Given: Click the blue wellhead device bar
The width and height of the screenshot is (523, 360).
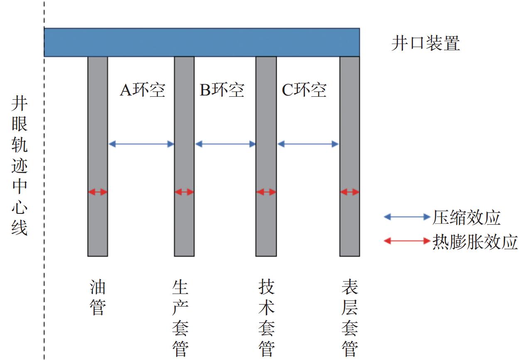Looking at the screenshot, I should pyautogui.click(x=202, y=42).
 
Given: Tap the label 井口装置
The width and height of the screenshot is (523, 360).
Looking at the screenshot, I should pyautogui.click(x=426, y=43).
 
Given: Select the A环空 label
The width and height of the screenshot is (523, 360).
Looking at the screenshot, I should pyautogui.click(x=142, y=90).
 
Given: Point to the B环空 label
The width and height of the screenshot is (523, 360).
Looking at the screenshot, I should pyautogui.click(x=222, y=90).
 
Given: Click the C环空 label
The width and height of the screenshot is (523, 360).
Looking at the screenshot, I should pyautogui.click(x=304, y=90).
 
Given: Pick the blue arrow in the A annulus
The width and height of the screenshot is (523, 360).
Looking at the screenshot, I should pyautogui.click(x=141, y=144).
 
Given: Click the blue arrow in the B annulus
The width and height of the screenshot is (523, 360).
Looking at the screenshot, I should pyautogui.click(x=225, y=144).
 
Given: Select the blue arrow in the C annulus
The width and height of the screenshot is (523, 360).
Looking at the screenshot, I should pyautogui.click(x=308, y=144).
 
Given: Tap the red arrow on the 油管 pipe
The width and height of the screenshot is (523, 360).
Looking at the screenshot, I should pyautogui.click(x=98, y=192).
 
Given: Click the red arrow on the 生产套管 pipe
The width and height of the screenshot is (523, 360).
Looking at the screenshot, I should pyautogui.click(x=184, y=192).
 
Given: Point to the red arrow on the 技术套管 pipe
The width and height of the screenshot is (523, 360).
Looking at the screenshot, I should pyautogui.click(x=266, y=192).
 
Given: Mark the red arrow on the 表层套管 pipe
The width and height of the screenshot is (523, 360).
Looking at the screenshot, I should pyautogui.click(x=349, y=192).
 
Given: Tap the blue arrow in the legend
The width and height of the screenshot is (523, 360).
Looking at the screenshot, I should pyautogui.click(x=407, y=217).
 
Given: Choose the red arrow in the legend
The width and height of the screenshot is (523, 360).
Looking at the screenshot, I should pyautogui.click(x=407, y=241).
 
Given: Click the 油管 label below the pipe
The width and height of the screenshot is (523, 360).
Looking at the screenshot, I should pyautogui.click(x=98, y=297).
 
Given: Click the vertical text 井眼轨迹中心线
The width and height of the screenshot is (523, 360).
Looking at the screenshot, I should pyautogui.click(x=20, y=166).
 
